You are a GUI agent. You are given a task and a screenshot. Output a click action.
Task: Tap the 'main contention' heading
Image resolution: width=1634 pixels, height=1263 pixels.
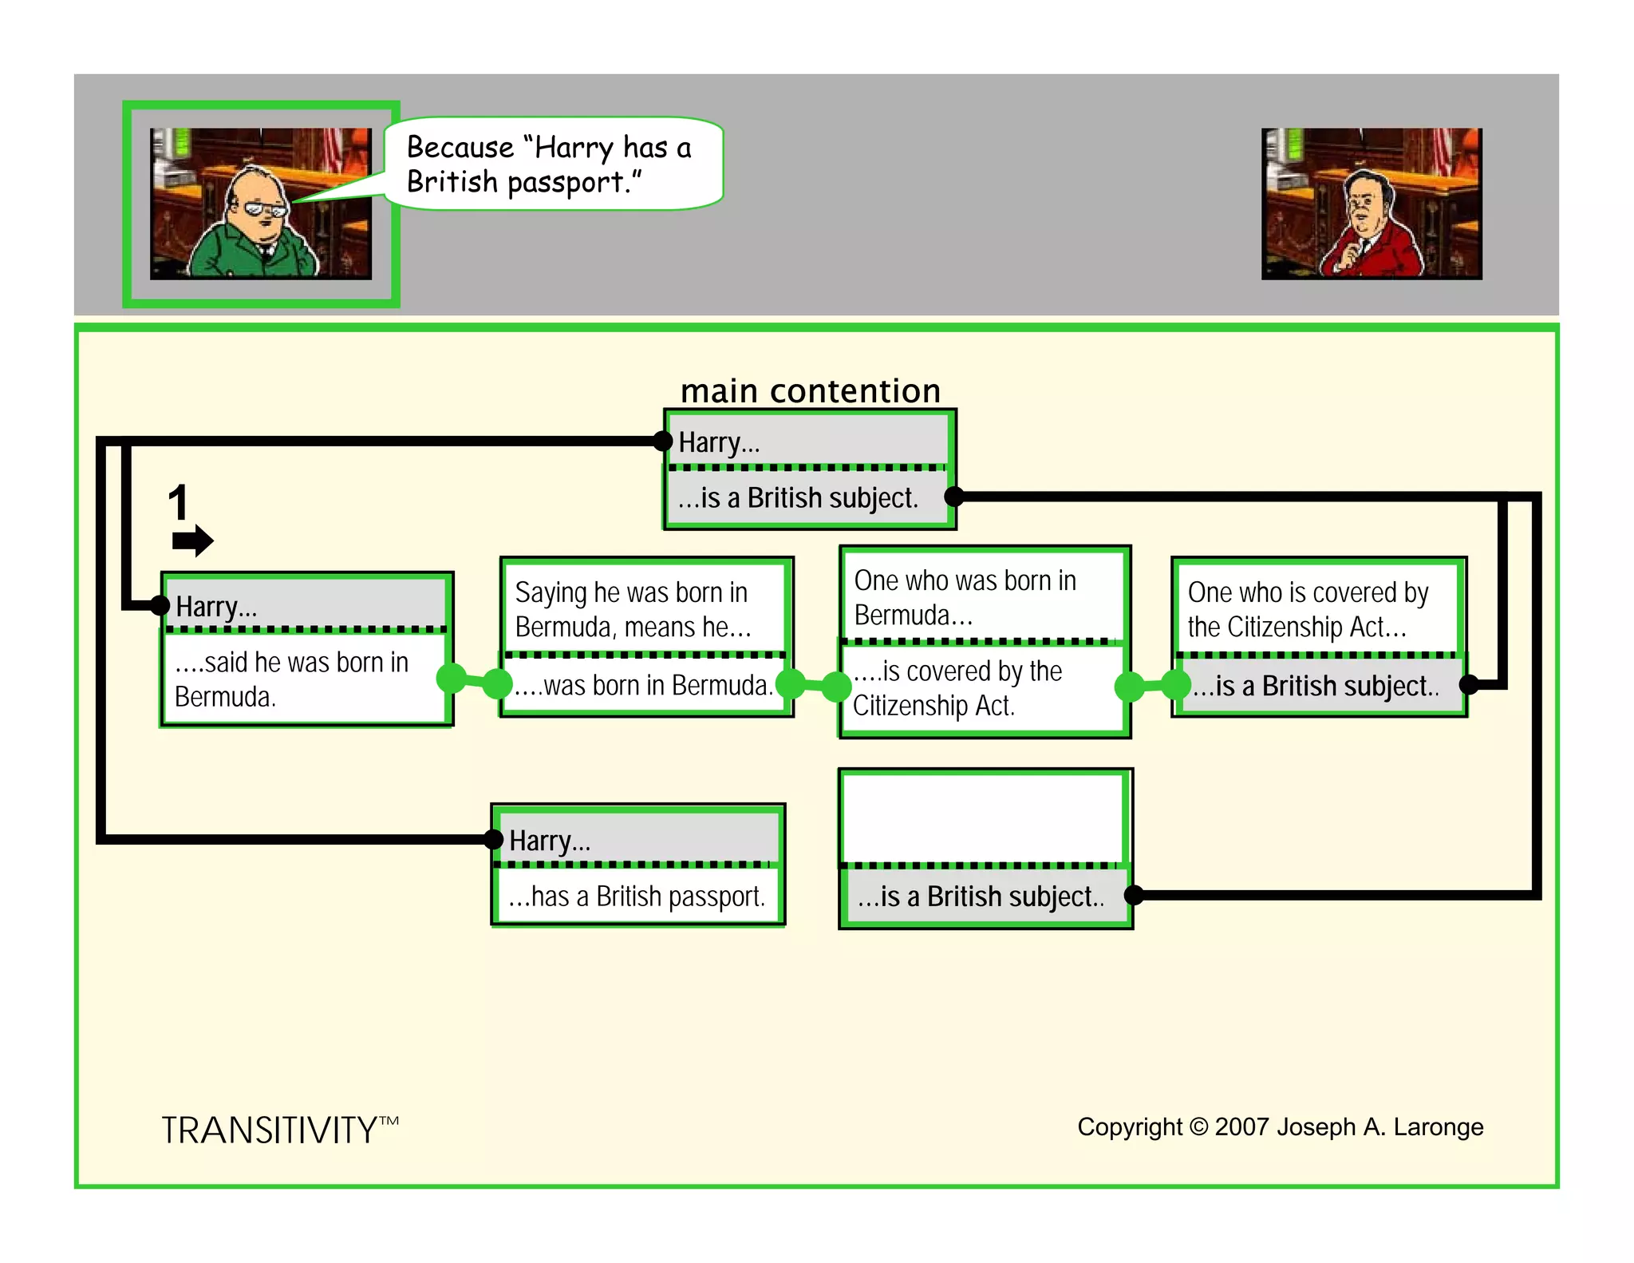pos(810,391)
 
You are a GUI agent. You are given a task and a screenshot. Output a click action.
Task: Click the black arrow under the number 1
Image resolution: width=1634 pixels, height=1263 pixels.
pos(192,540)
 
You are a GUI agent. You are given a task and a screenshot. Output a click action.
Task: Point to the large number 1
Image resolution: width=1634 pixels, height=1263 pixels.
pos(178,503)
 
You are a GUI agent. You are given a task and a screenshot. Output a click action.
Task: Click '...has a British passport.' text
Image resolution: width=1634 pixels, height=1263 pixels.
pos(637,897)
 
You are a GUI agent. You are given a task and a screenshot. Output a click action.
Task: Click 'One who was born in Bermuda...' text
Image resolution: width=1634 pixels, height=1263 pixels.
pos(965,597)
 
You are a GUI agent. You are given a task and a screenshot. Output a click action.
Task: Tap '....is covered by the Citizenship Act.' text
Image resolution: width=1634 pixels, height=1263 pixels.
pos(957,688)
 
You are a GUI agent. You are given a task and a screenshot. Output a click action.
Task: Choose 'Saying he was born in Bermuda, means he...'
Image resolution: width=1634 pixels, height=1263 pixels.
pos(632,609)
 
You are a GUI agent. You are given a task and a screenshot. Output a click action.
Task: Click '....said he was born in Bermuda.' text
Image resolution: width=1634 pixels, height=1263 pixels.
pos(291,679)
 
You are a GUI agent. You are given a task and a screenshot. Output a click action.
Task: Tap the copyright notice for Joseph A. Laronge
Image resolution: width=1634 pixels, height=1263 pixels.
pos(1280,1126)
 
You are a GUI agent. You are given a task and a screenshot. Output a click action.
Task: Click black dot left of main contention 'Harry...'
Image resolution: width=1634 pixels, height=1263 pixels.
pos(662,441)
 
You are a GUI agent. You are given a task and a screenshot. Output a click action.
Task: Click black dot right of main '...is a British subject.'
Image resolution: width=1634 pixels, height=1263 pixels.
pos(954,497)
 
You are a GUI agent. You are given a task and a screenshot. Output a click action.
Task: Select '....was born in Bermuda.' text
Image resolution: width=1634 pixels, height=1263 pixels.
pos(643,686)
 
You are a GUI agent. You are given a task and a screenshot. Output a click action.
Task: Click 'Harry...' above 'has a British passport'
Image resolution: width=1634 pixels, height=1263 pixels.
pos(550,841)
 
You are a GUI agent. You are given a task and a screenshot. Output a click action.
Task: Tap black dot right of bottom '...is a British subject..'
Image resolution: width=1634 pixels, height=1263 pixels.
pos(1133,895)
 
